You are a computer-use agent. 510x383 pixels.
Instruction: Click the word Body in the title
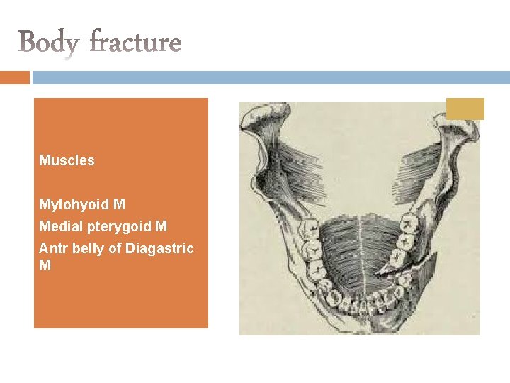click(x=48, y=42)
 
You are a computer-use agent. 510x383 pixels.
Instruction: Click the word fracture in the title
click(x=135, y=42)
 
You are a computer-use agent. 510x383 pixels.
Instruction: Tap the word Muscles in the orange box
click(x=67, y=160)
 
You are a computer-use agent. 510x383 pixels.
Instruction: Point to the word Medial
click(x=59, y=226)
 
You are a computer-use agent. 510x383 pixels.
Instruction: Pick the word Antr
click(x=51, y=248)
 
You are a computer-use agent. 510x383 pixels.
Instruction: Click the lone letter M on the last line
click(x=45, y=265)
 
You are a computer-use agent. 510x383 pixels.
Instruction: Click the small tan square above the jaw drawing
click(x=465, y=109)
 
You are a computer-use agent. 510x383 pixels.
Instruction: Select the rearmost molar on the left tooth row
click(x=309, y=229)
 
